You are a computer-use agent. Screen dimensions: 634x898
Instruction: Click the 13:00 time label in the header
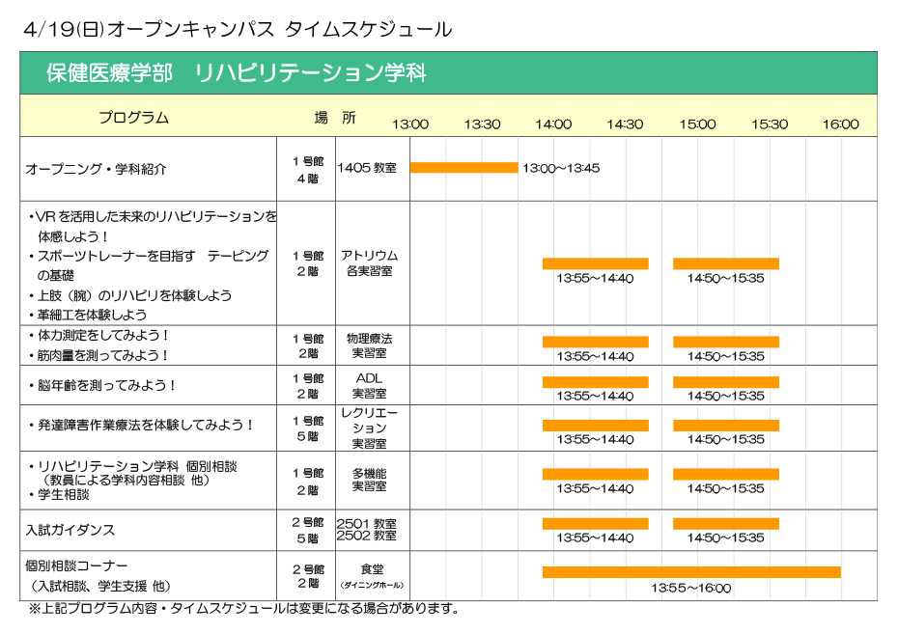click(409, 124)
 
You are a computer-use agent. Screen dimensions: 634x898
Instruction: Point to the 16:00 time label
click(840, 124)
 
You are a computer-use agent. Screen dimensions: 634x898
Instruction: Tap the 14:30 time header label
click(625, 124)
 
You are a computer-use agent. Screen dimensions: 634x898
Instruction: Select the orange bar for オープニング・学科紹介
click(463, 167)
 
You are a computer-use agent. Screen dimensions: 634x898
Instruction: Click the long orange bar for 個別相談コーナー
click(690, 571)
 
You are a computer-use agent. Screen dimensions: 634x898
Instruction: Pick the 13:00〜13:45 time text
click(561, 168)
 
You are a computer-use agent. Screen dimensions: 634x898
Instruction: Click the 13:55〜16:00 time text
click(690, 588)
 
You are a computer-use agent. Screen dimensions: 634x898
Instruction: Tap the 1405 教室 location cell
click(367, 168)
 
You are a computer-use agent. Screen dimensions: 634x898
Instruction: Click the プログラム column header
click(133, 118)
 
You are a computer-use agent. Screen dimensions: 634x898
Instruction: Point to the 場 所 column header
click(334, 118)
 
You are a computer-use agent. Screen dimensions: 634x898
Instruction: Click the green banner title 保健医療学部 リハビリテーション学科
click(236, 73)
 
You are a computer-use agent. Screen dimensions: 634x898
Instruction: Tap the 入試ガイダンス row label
click(70, 530)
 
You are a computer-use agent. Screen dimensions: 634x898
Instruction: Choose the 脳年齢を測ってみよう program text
click(104, 385)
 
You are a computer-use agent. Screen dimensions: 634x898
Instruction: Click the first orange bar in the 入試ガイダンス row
click(595, 524)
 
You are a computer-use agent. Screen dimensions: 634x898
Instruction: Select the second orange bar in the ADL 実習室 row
click(725, 382)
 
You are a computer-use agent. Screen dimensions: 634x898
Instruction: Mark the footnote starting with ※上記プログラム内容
click(242, 609)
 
